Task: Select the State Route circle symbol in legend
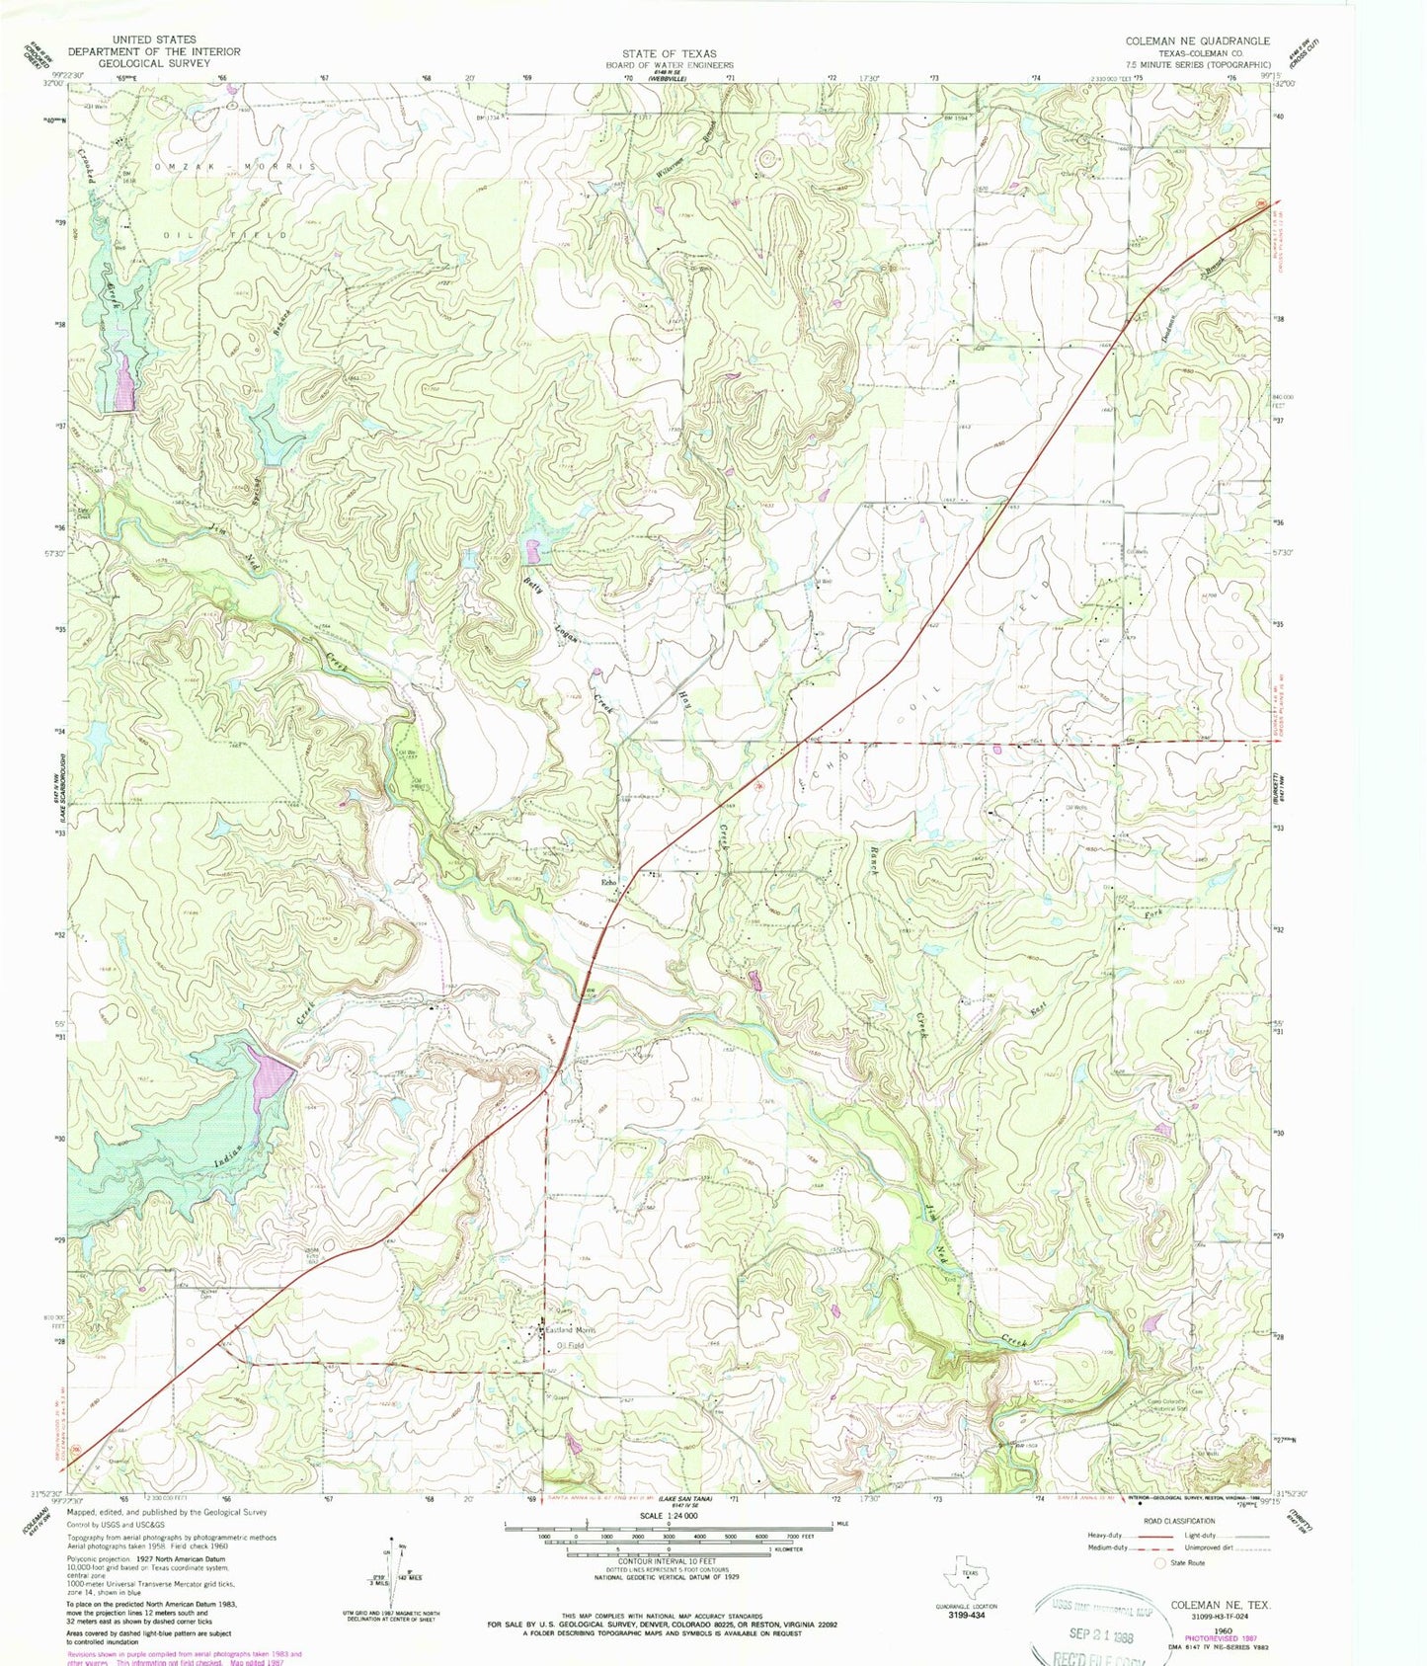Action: point(1159,1563)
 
